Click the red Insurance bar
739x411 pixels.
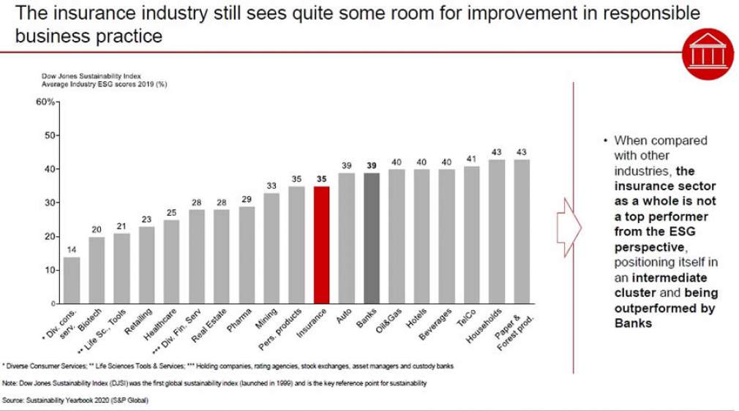click(322, 245)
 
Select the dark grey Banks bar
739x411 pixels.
click(372, 238)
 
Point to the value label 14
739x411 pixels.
click(72, 249)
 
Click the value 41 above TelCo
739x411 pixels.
click(471, 159)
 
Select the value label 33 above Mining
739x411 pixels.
click(271, 186)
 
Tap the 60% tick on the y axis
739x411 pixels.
click(45, 102)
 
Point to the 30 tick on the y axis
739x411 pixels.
click(49, 203)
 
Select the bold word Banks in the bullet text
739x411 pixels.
click(633, 323)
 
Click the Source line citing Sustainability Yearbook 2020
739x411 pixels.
click(75, 399)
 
